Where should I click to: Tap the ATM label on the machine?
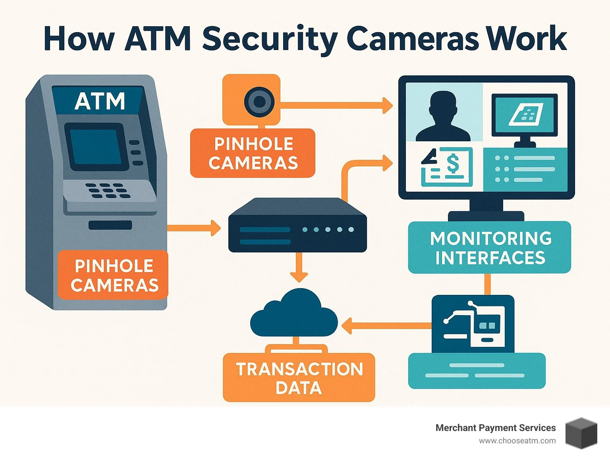click(100, 101)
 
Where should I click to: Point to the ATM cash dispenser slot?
click(110, 225)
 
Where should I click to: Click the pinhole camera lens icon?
click(259, 102)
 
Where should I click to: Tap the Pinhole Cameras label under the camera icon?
click(253, 154)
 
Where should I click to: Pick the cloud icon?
click(294, 314)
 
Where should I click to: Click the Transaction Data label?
click(299, 378)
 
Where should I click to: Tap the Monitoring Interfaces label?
click(490, 248)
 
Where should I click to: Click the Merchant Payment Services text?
click(495, 428)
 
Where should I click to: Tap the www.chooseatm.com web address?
click(517, 441)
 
